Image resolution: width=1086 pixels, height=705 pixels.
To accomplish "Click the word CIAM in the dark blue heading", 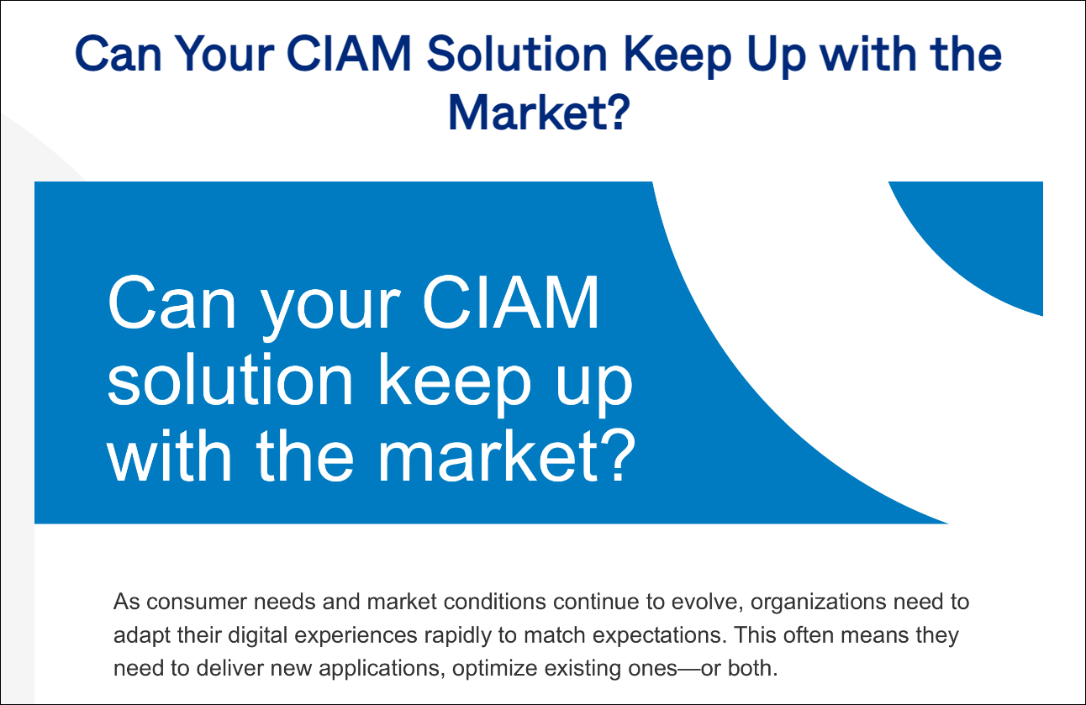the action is pos(349,54).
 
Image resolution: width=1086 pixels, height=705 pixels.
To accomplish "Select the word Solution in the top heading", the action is pos(517,54).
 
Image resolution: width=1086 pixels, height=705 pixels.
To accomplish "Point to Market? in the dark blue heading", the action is pos(539,112).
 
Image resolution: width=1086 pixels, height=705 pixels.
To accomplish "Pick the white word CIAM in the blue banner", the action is pos(511,303).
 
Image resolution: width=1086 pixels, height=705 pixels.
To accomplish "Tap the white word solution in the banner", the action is pos(229,379).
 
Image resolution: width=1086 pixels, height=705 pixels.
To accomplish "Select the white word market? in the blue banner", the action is pos(507,455).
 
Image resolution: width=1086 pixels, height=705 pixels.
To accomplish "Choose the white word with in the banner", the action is pos(169,455).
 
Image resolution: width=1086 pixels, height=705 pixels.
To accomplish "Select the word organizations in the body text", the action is pos(819,602).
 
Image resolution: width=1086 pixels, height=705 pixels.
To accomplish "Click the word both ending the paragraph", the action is pos(753,668).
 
